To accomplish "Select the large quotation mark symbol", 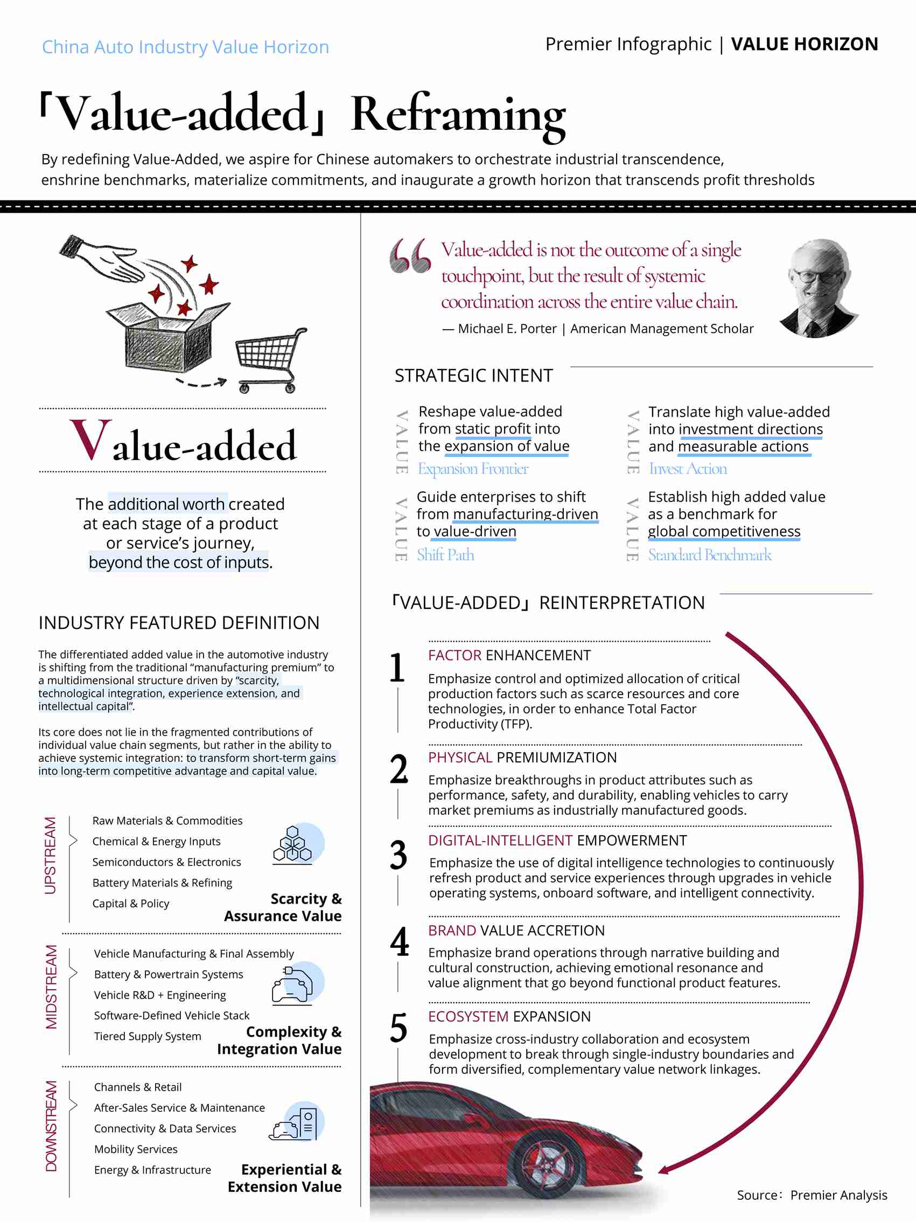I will [410, 256].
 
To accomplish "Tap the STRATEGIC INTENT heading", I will [473, 376].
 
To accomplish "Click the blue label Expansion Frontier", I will [473, 468].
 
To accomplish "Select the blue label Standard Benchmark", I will [710, 554].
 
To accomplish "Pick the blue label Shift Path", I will [445, 554].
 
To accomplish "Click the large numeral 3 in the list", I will [398, 855].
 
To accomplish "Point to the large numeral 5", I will [398, 1027].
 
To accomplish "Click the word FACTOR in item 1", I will [454, 655].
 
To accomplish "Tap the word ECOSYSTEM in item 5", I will [467, 1017].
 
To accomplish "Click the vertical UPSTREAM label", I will [51, 855].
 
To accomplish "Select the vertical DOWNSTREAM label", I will [51, 1126].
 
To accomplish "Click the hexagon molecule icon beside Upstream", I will [293, 844].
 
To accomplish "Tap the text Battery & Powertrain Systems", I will [169, 975].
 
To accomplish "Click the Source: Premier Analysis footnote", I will [812, 1195].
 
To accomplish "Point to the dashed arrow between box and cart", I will [201, 383].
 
